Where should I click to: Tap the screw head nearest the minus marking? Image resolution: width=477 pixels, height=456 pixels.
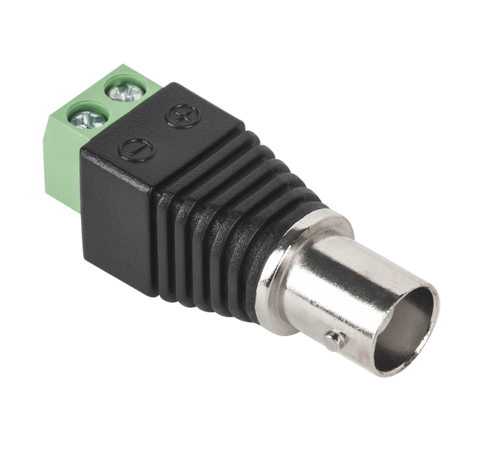point(86,117)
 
